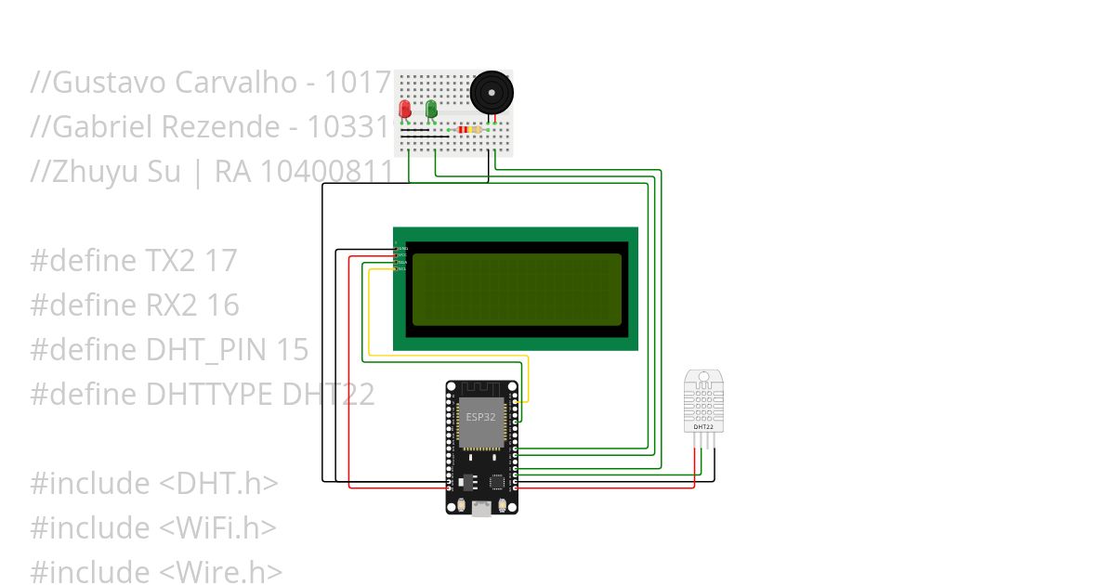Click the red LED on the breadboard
coord(404,110)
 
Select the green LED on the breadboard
coord(431,110)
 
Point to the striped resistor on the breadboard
coord(468,130)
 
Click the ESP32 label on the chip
coord(480,417)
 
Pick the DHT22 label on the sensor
coord(702,427)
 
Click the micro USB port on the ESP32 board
coord(481,508)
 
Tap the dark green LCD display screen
coord(516,290)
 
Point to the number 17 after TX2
coord(220,261)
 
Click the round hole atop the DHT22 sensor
coord(703,379)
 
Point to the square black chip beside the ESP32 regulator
coord(497,482)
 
